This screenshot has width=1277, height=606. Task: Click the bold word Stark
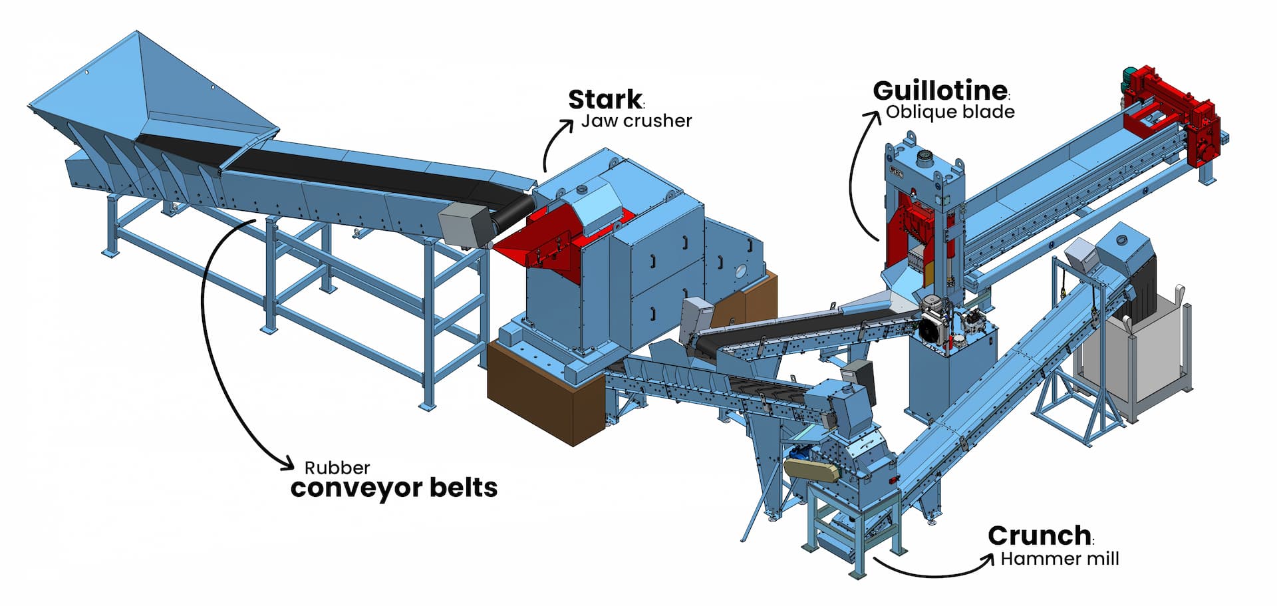coord(605,100)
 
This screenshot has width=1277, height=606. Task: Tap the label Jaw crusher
coord(637,121)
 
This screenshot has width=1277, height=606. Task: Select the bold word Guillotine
coord(939,90)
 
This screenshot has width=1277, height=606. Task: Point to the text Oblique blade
coord(950,112)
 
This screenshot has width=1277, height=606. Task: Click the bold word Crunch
coord(1039,535)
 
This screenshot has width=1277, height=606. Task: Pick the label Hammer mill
coord(1060,559)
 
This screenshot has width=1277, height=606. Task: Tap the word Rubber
coord(337,468)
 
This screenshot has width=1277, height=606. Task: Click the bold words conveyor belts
coord(394,488)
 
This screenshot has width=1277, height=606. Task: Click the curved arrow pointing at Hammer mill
coord(931,569)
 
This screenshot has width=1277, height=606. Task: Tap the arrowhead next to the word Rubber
coord(287,463)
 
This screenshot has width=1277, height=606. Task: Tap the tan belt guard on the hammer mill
coord(809,468)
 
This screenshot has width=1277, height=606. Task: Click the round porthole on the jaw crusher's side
coord(741,271)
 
